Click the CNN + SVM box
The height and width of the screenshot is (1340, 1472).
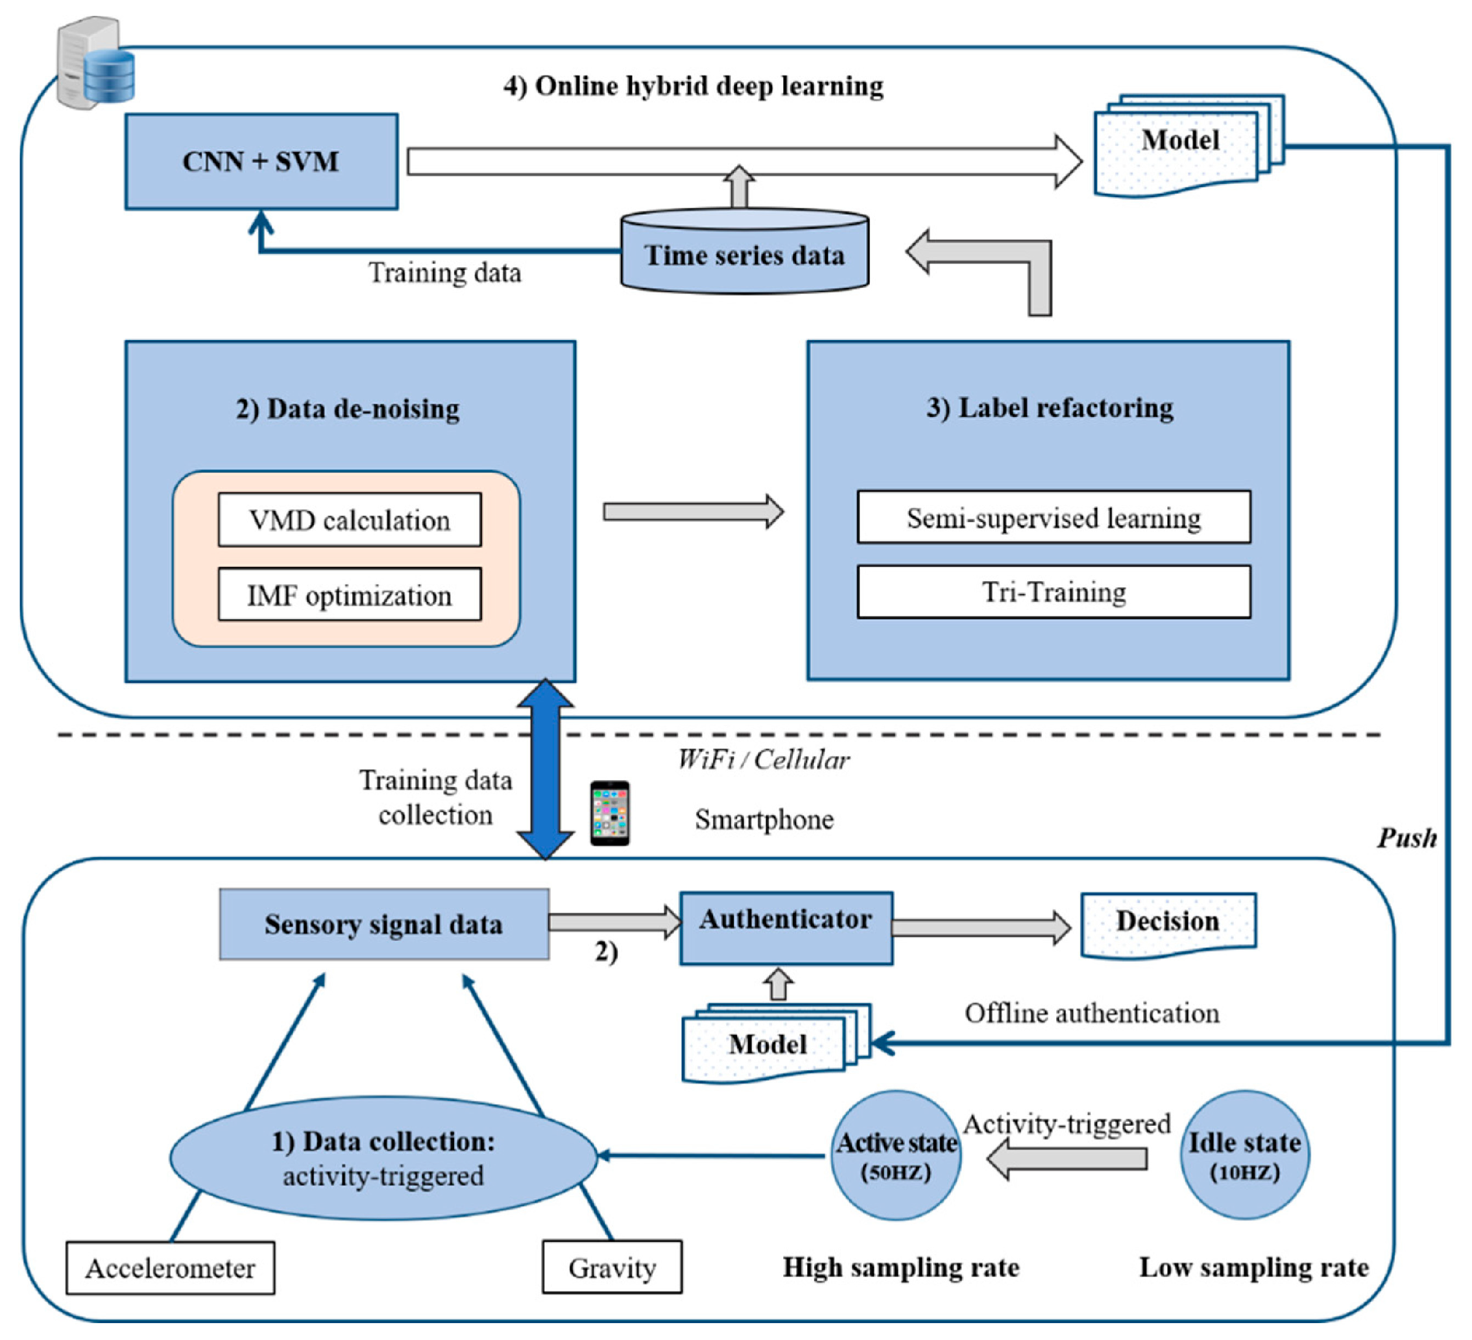pos(261,162)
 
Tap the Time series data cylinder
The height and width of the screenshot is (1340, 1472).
pos(744,254)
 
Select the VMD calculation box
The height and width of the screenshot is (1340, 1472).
pos(350,520)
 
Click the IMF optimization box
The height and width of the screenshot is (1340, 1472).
pos(350,595)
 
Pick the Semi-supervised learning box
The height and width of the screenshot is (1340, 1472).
pos(1053,517)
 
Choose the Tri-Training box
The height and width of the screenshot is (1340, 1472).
pos(1053,592)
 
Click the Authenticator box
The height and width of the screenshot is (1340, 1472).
pos(786,927)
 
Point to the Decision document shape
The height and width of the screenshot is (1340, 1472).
pos(1168,924)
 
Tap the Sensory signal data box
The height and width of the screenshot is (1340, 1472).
pos(384,924)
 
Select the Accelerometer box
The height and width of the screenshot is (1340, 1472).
pos(170,1269)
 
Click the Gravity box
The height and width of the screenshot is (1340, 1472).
pos(612,1268)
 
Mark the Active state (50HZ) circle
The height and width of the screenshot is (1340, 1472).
pos(896,1155)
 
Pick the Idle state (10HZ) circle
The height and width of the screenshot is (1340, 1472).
pos(1244,1155)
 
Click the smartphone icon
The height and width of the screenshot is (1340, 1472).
pos(610,813)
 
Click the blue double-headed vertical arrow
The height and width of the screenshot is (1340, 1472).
pos(546,769)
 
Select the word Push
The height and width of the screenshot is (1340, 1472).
pos(1406,838)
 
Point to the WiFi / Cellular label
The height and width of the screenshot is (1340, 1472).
pos(763,760)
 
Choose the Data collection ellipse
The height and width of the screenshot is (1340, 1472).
pos(383,1158)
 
